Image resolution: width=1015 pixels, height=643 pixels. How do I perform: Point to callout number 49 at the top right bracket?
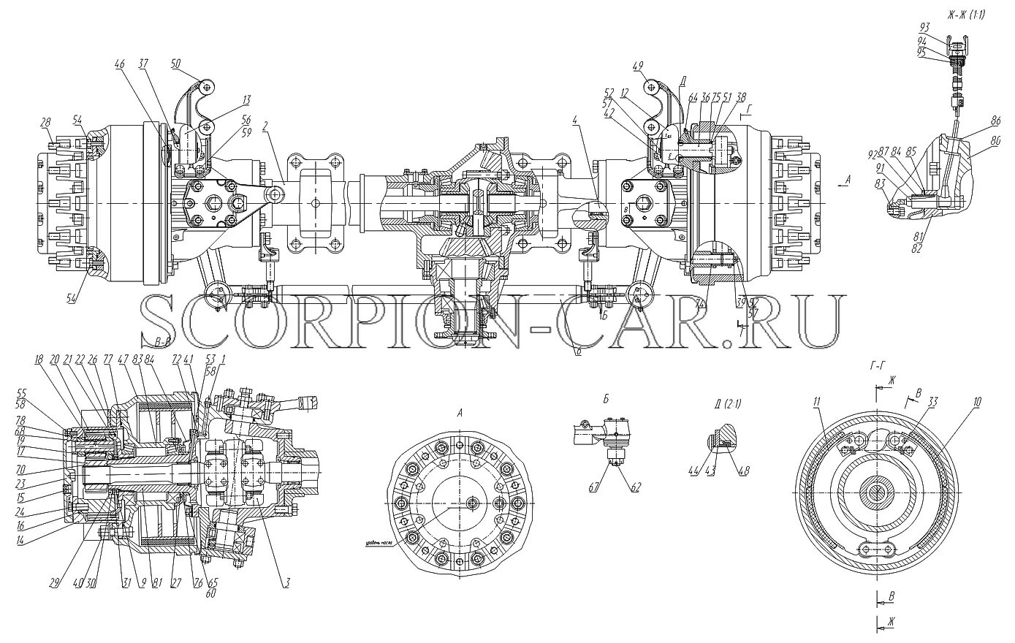637,66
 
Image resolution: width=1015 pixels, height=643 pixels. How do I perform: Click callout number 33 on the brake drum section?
932,401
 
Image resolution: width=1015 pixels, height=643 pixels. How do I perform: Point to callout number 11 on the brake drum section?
816,401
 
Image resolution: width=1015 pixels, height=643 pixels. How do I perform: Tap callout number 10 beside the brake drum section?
977,401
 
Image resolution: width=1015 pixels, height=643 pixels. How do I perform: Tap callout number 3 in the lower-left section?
288,582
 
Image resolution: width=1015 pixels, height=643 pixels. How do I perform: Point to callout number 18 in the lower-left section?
38,359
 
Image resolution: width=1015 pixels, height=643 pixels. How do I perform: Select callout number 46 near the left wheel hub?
119,64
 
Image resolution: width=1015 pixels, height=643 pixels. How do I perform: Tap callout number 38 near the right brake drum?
742,97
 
